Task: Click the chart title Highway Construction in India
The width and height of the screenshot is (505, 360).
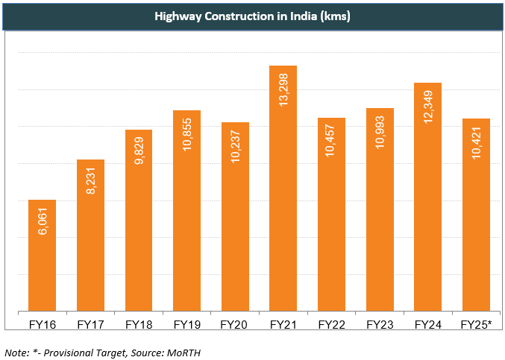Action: pyautogui.click(x=252, y=16)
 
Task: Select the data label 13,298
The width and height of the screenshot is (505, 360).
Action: pyautogui.click(x=283, y=90)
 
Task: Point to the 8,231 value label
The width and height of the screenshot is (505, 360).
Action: pyautogui.click(x=91, y=182)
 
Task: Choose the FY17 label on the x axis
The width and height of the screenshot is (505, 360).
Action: pyautogui.click(x=91, y=325)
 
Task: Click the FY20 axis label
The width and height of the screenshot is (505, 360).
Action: pyautogui.click(x=235, y=325)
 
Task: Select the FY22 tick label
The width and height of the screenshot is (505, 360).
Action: pyautogui.click(x=332, y=325)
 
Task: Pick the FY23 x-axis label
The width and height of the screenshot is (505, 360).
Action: pyautogui.click(x=380, y=325)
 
